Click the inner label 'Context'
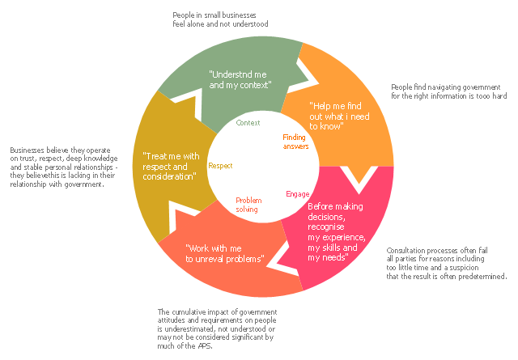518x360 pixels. tap(248, 123)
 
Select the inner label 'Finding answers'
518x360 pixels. tap(295, 142)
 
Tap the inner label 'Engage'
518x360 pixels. tap(297, 194)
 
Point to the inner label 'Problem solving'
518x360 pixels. tap(247, 204)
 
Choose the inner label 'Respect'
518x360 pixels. tap(220, 166)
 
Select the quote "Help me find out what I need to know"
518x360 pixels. tap(340, 115)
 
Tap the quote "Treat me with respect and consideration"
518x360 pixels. tap(169, 166)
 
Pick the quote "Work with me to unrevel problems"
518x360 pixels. tap(224, 253)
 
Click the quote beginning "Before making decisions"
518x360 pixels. tap(337, 232)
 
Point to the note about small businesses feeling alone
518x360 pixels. tap(220, 19)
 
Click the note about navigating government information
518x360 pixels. tap(448, 91)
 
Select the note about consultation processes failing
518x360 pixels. tap(447, 264)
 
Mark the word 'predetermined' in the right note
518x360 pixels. tap(484, 277)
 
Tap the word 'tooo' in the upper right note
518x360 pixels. tap(483, 96)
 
